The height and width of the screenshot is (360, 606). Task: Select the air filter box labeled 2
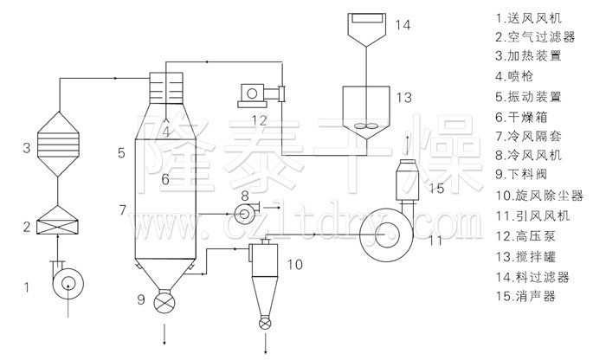pos(57,220)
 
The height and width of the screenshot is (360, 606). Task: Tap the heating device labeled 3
pos(58,145)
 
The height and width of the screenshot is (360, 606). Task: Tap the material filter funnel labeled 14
pos(366,29)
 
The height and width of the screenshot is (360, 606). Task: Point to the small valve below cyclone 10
pos(265,323)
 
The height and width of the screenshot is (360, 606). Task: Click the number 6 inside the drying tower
pos(165,179)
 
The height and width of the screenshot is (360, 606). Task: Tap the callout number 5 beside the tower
pos(121,153)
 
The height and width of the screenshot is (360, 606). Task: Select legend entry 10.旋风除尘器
pos(540,196)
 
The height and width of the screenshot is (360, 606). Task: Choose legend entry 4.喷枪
pos(514,76)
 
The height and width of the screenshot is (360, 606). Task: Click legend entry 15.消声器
pos(526,296)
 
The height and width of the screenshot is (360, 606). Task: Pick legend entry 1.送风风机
pos(528,18)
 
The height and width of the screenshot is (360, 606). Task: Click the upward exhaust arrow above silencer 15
pos(407,145)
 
